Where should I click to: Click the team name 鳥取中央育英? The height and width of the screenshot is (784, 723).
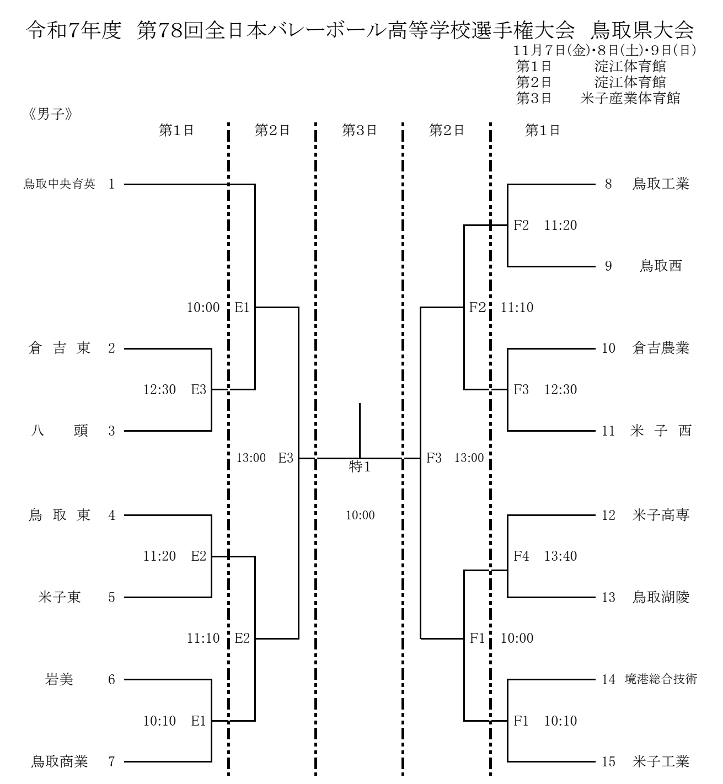pyautogui.click(x=59, y=184)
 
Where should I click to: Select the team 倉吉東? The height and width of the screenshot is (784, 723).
pyautogui.click(x=59, y=348)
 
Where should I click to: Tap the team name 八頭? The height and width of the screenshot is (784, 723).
pyautogui.click(x=59, y=431)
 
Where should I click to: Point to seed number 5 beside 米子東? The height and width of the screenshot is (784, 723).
pyautogui.click(x=112, y=597)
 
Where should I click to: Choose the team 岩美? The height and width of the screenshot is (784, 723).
pyautogui.click(x=59, y=679)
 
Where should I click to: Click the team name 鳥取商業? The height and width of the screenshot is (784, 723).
pyautogui.click(x=59, y=762)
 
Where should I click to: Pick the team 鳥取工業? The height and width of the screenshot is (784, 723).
pyautogui.click(x=661, y=184)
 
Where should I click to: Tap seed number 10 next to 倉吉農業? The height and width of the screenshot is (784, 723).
pyautogui.click(x=608, y=348)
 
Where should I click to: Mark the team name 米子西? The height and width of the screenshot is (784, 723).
pyautogui.click(x=661, y=431)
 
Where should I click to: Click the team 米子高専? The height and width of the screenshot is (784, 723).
pyautogui.click(x=661, y=515)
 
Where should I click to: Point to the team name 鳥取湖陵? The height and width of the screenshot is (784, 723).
pyautogui.click(x=661, y=597)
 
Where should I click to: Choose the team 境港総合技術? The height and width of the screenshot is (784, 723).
pyautogui.click(x=661, y=679)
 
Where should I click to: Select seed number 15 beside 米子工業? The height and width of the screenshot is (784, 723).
pyautogui.click(x=608, y=762)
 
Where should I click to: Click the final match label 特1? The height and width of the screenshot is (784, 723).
pyautogui.click(x=360, y=467)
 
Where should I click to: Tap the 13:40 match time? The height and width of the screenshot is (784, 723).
pyautogui.click(x=560, y=556)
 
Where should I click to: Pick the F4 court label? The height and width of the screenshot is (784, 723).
pyautogui.click(x=521, y=556)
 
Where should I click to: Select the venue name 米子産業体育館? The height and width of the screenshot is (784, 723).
pyautogui.click(x=630, y=98)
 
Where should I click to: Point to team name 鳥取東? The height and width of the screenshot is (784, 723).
pyautogui.click(x=59, y=515)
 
